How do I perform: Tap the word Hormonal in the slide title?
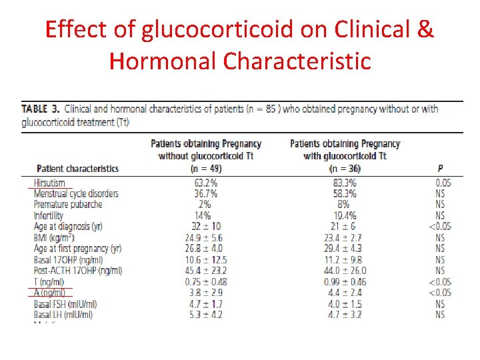click(x=163, y=61)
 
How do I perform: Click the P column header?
click(x=440, y=169)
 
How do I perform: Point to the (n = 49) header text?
click(x=206, y=169)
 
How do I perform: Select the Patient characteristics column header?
click(x=77, y=169)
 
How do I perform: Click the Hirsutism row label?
click(x=50, y=183)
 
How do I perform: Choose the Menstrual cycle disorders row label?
click(x=76, y=194)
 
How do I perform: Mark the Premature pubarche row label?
click(x=67, y=205)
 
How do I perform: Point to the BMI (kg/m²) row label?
click(x=55, y=237)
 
